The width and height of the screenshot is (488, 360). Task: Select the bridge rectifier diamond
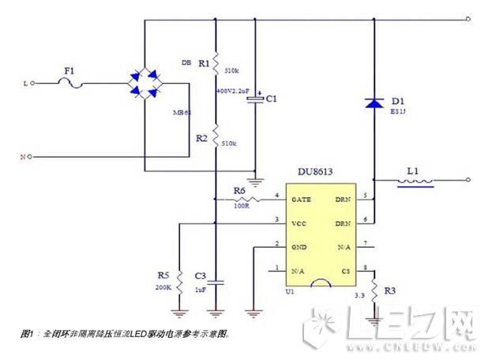pyautogui.click(x=146, y=81)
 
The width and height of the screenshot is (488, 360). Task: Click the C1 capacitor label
pyautogui.click(x=271, y=99)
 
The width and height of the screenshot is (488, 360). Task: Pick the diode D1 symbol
pyautogui.click(x=373, y=103)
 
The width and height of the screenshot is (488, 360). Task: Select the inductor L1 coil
pyautogui.click(x=414, y=183)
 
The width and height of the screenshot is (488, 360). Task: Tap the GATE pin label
pyautogui.click(x=302, y=199)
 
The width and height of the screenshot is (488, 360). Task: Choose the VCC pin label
pyautogui.click(x=299, y=223)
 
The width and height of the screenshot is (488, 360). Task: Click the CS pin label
pyautogui.click(x=345, y=271)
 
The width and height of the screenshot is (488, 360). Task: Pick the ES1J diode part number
pyautogui.click(x=396, y=114)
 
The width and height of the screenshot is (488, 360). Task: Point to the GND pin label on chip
pyautogui.click(x=299, y=247)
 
